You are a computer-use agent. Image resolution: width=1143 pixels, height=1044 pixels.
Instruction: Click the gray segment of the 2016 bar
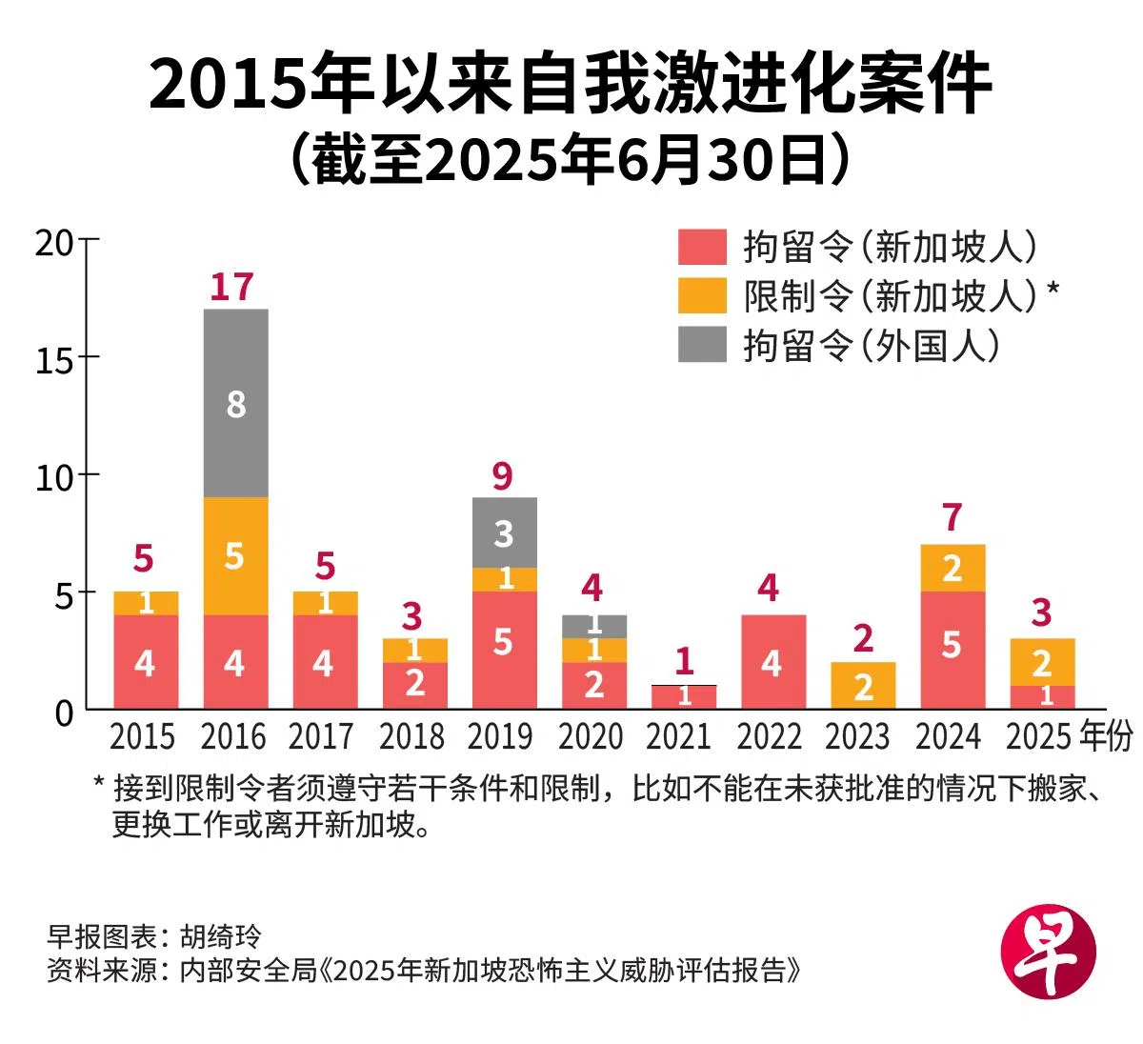coord(236,403)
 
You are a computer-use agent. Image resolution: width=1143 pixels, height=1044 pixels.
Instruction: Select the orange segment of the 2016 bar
coord(236,555)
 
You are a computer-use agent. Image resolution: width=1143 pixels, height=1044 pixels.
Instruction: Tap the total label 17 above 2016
coord(231,287)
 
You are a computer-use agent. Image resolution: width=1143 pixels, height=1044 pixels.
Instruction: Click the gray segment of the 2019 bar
coord(504,532)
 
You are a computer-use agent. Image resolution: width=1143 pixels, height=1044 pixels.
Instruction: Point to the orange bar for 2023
coord(863,685)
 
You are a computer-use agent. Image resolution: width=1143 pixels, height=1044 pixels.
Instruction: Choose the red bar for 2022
coord(772,661)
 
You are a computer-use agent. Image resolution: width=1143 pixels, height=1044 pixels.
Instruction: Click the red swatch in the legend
coord(702,247)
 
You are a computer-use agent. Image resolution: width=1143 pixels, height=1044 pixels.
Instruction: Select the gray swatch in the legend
coord(702,345)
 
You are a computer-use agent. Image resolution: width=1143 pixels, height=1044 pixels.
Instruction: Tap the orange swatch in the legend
coord(702,295)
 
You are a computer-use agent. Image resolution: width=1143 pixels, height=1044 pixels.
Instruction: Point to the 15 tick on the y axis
coord(54,359)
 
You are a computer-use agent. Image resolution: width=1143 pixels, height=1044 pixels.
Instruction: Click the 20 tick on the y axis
coord(54,242)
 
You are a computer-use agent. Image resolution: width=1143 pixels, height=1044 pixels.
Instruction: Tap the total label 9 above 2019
coord(503,476)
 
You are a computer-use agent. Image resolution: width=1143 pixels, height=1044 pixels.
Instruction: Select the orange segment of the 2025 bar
coord(1042,662)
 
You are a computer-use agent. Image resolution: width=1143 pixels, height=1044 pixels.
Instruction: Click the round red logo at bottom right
coord(1049,951)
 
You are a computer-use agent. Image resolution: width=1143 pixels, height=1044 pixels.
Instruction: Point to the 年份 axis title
coord(1108,736)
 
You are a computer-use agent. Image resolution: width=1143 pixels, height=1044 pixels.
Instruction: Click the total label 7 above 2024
coord(952,518)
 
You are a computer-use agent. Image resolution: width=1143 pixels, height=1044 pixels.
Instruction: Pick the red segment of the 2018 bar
coord(415,685)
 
